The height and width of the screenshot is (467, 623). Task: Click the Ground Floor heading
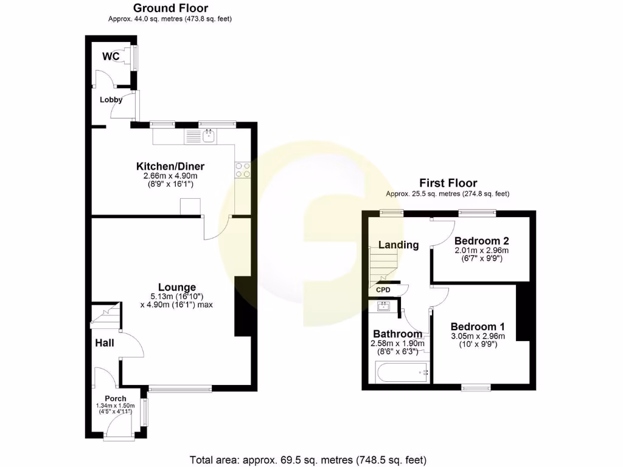click(x=170, y=8)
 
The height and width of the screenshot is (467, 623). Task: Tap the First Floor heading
click(x=448, y=183)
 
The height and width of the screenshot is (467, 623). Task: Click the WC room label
click(x=110, y=57)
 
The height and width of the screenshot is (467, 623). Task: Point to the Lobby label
click(x=111, y=100)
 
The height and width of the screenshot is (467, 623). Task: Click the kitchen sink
click(x=209, y=136)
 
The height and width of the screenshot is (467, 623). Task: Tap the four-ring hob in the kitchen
click(x=243, y=170)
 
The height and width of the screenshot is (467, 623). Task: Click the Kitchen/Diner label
click(x=170, y=167)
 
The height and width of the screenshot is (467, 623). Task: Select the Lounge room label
click(x=177, y=287)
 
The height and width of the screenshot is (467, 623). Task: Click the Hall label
click(x=105, y=343)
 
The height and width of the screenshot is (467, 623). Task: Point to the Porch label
click(x=116, y=399)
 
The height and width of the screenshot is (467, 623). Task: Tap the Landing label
click(x=399, y=245)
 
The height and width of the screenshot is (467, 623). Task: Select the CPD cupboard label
click(x=383, y=290)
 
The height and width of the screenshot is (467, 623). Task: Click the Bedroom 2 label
click(x=481, y=240)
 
